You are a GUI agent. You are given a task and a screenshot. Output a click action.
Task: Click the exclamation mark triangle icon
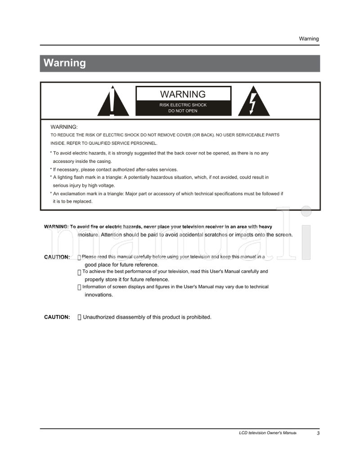112,103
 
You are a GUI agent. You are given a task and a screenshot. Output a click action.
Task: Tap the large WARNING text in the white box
183,94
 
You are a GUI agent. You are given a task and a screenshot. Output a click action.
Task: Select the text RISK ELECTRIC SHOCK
183,105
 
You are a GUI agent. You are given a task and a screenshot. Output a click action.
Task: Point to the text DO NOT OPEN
183,111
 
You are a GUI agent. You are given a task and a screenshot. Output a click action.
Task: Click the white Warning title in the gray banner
64,63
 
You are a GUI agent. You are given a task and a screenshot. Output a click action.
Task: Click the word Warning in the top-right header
309,39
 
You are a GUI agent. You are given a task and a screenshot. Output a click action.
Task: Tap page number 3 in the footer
318,433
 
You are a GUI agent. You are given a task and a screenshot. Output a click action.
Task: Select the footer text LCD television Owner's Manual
267,433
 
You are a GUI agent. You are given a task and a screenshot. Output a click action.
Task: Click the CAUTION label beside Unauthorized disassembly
57,317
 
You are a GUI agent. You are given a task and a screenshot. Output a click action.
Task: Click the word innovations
99,295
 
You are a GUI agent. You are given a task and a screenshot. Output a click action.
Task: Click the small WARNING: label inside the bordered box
64,127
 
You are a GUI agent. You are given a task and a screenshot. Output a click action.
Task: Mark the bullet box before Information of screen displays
79,287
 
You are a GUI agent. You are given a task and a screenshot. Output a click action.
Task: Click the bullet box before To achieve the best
79,272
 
